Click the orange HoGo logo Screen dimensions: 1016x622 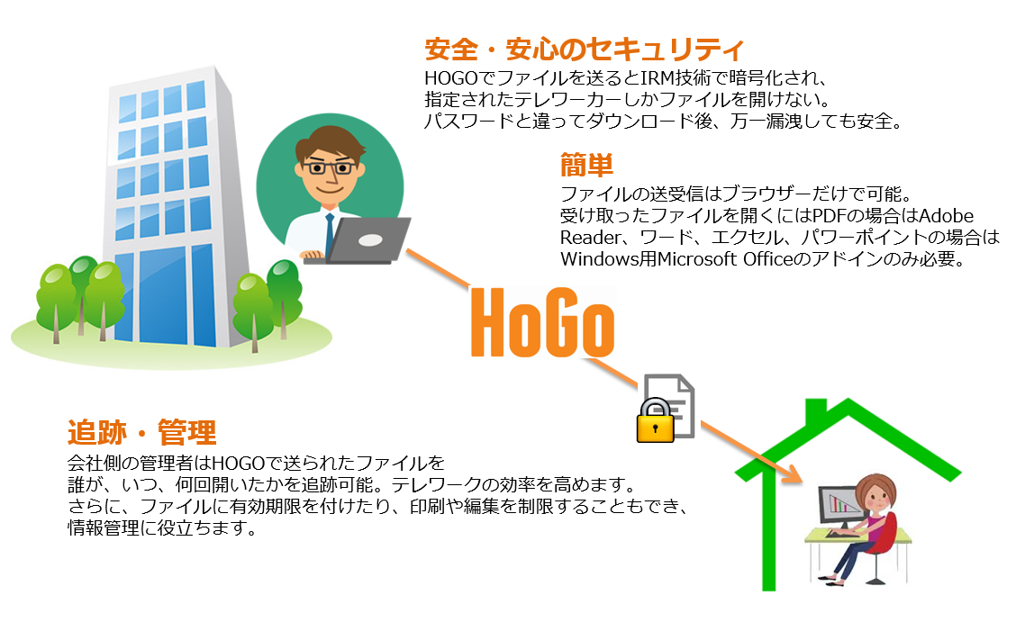click(542, 322)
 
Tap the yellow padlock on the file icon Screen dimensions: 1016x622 click(655, 421)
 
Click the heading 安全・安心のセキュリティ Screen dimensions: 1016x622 click(584, 50)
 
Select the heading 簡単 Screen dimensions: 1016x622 click(586, 165)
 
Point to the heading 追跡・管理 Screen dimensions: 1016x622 click(142, 432)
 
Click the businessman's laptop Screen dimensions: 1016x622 click(358, 240)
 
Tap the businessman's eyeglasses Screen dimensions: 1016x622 click(330, 168)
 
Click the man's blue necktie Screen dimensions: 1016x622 click(330, 233)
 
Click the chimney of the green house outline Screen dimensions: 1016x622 click(816, 411)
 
